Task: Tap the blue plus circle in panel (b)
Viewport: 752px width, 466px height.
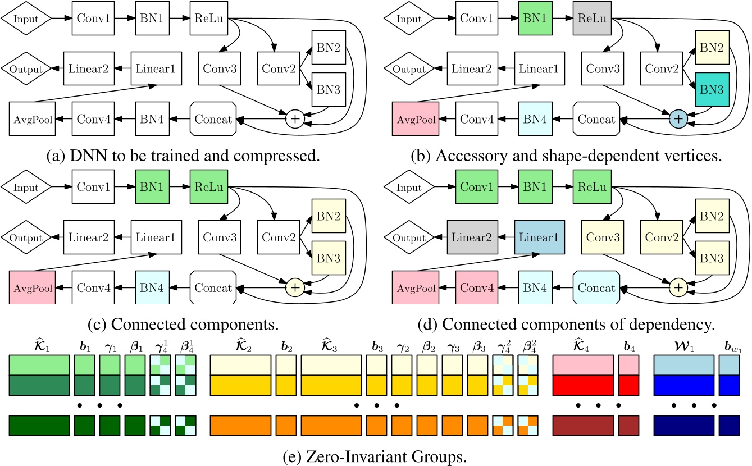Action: tap(678, 118)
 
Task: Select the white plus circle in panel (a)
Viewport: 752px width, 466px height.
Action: tap(294, 118)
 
